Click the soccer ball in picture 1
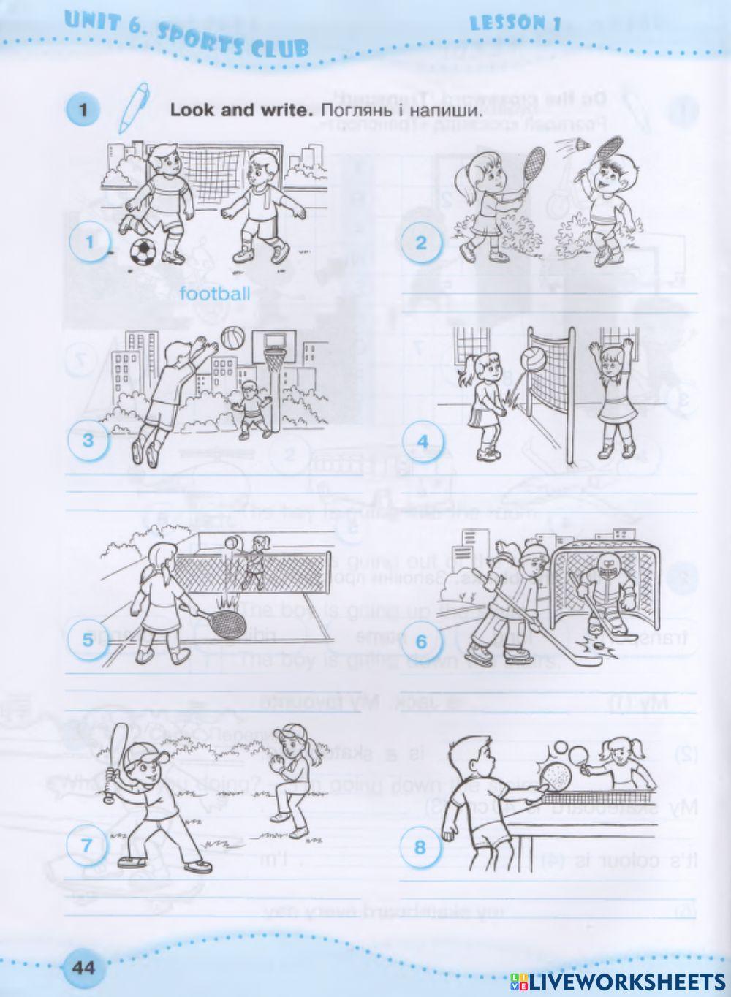pyautogui.click(x=143, y=253)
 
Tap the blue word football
pyautogui.click(x=214, y=294)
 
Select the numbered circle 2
pyautogui.click(x=420, y=243)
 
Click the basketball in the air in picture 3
pyautogui.click(x=232, y=338)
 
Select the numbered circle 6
pyautogui.click(x=421, y=642)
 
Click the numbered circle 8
pyautogui.click(x=420, y=847)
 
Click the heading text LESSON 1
pyautogui.click(x=515, y=23)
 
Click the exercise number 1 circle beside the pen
pyautogui.click(x=83, y=111)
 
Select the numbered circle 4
pyautogui.click(x=421, y=441)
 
